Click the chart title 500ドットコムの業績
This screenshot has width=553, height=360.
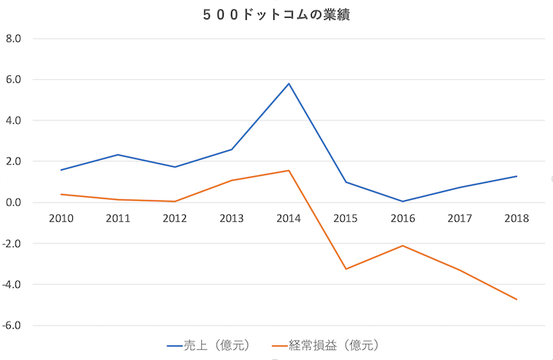pos(277,15)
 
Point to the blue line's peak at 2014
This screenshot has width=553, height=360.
pos(289,84)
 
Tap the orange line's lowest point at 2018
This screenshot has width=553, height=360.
pos(517,299)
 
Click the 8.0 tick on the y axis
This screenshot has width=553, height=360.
pos(17,38)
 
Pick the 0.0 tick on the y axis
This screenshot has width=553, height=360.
pos(17,203)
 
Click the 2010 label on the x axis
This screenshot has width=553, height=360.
pos(61,219)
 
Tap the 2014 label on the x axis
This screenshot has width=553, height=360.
pos(289,219)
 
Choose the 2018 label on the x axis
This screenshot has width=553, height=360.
pos(517,219)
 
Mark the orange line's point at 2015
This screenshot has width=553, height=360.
pos(346,269)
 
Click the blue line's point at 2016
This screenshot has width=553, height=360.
pos(402,201)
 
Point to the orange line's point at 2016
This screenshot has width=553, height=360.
pos(402,246)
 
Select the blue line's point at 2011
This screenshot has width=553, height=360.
pos(118,155)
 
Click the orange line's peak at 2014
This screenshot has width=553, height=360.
pos(289,170)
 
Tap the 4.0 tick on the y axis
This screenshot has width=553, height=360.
pos(17,121)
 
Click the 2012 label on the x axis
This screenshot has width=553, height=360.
pos(174,219)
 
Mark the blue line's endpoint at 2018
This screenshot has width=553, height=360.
pos(517,177)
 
